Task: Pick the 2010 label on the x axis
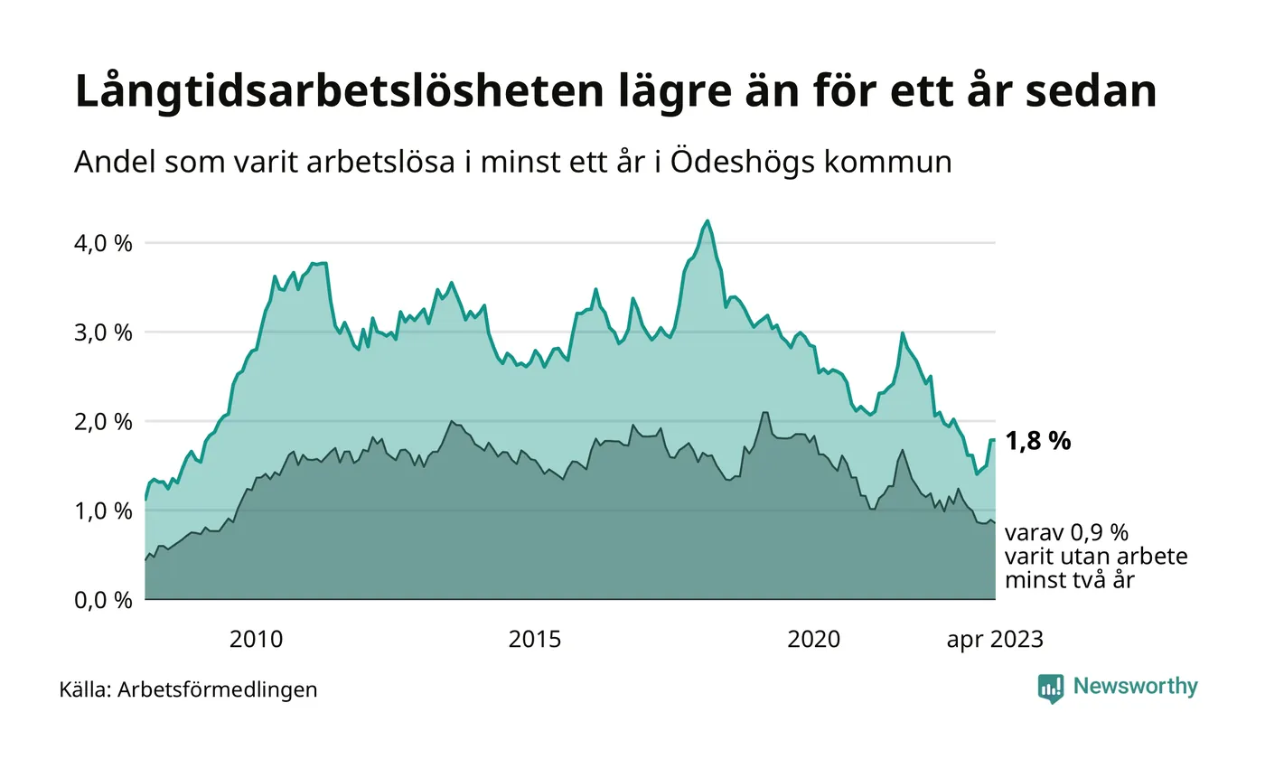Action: pos(256,641)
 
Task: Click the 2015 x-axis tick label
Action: pos(535,641)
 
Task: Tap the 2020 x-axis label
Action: pos(814,641)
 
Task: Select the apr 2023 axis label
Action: pos(995,641)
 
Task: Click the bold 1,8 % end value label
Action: pos(1038,441)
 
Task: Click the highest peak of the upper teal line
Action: pos(707,220)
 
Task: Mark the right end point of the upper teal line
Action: pos(994,440)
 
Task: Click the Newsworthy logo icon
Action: pos(1051,688)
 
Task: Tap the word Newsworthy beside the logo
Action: pos(1135,687)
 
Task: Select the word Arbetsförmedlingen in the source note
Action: pos(218,690)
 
